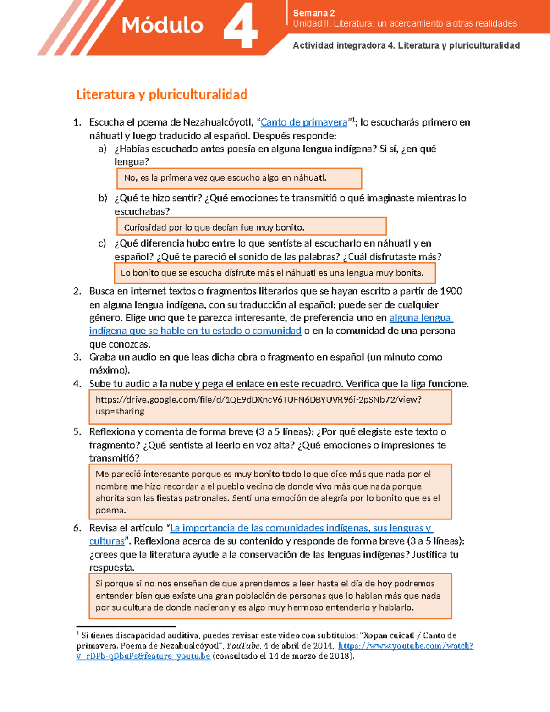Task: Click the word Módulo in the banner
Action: click(x=162, y=25)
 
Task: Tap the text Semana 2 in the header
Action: click(x=314, y=13)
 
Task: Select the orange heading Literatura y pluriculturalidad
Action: click(x=161, y=94)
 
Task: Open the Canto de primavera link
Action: click(x=304, y=122)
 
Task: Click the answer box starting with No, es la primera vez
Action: click(x=239, y=178)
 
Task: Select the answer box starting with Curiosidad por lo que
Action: click(x=251, y=227)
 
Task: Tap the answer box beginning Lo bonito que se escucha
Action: click(x=274, y=273)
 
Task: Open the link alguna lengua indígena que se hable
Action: click(x=195, y=331)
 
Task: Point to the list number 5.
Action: click(x=77, y=432)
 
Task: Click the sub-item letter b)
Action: click(x=102, y=198)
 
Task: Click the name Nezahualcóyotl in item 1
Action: click(x=217, y=122)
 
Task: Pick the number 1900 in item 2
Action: click(x=451, y=292)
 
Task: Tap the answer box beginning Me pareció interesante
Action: click(x=270, y=491)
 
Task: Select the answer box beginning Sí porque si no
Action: click(x=270, y=596)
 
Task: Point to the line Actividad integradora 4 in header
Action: click(x=406, y=45)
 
